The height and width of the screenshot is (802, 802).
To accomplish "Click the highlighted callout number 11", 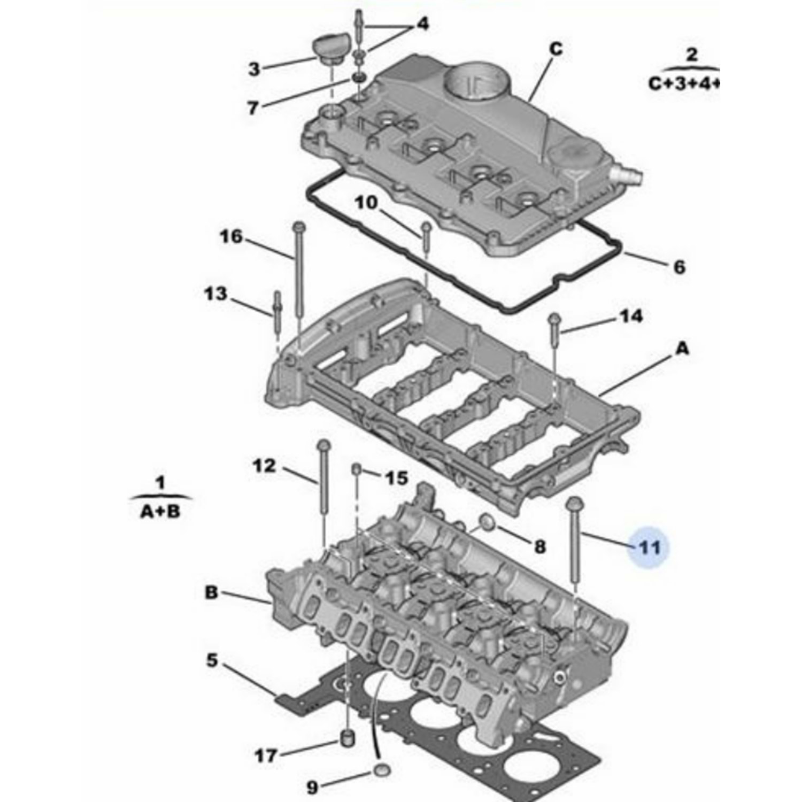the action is click(650, 547).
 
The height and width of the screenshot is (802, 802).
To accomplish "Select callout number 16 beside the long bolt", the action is click(231, 236).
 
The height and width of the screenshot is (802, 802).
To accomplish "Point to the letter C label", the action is click(556, 49).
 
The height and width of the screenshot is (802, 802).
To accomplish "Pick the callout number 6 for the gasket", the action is click(679, 266).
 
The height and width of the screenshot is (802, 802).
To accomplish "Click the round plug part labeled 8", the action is click(486, 522).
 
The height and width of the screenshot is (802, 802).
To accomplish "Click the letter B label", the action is click(212, 593).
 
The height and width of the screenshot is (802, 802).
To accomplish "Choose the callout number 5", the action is click(212, 660).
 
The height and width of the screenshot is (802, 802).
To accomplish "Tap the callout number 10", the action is click(366, 203).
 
